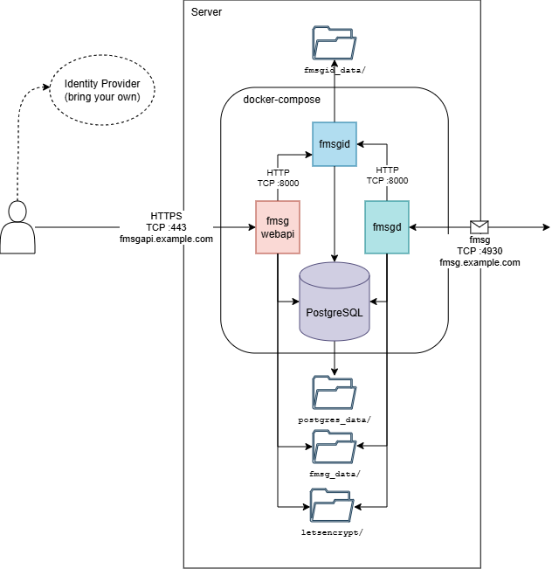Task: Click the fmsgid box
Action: click(335, 144)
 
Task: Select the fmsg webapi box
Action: click(278, 227)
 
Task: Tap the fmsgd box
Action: click(386, 227)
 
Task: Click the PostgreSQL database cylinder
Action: click(335, 302)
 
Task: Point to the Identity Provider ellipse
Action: click(101, 90)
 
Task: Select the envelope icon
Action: click(479, 227)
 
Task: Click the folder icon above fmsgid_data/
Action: click(334, 42)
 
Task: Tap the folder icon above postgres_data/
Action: click(334, 393)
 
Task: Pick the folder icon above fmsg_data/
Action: click(334, 447)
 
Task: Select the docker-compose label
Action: click(282, 100)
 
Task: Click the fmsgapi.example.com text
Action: click(166, 239)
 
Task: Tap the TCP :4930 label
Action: click(479, 251)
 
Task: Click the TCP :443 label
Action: click(166, 227)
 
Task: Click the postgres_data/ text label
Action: click(335, 420)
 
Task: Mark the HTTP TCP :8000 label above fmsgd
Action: click(387, 176)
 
